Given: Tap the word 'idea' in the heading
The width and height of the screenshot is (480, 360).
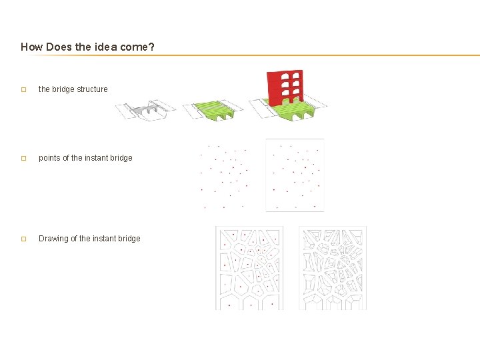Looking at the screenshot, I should [x=109, y=47].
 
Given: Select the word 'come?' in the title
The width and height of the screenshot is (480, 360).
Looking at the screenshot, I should [x=139, y=47].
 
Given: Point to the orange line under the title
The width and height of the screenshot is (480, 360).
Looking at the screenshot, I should [x=267, y=55].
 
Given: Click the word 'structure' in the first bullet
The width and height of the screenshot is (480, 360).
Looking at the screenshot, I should [x=92, y=89].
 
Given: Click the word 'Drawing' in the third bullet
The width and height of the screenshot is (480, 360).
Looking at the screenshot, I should [x=53, y=239].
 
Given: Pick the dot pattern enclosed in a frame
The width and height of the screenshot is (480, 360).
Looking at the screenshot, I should [x=295, y=175].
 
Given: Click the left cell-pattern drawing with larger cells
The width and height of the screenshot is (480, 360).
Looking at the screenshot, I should [x=249, y=268].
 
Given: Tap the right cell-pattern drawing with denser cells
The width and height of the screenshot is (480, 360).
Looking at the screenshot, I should [x=333, y=268].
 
